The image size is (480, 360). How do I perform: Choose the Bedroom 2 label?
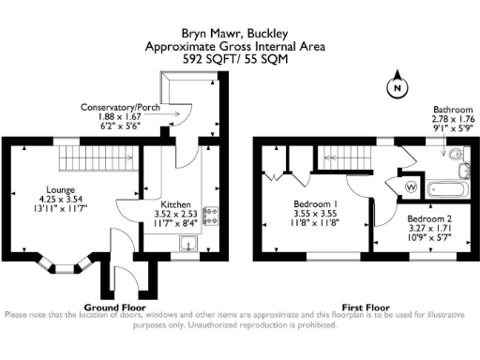point(415,217)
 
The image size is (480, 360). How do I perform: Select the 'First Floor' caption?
point(365,307)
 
